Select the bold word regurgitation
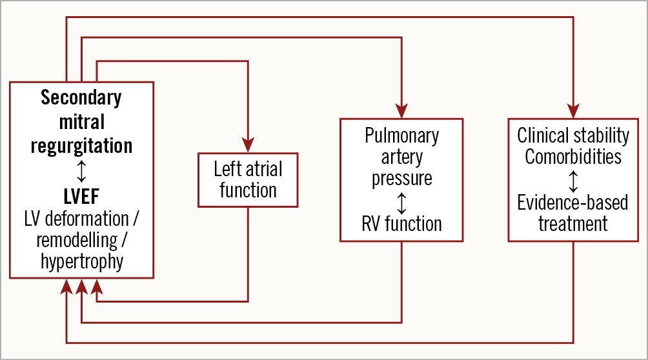[x=81, y=145]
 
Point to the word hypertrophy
[x=81, y=262]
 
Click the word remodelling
[x=77, y=239]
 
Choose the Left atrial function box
[x=248, y=179]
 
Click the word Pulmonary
[x=401, y=135]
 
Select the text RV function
[x=401, y=224]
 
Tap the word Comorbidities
[x=573, y=157]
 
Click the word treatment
[x=573, y=224]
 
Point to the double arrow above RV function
[x=401, y=203]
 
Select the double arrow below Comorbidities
[x=573, y=179]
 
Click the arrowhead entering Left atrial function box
[x=248, y=145]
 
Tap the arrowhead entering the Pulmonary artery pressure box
[x=401, y=110]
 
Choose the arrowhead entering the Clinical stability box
[x=573, y=110]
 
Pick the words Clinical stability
[x=573, y=135]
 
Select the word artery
[x=401, y=157]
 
